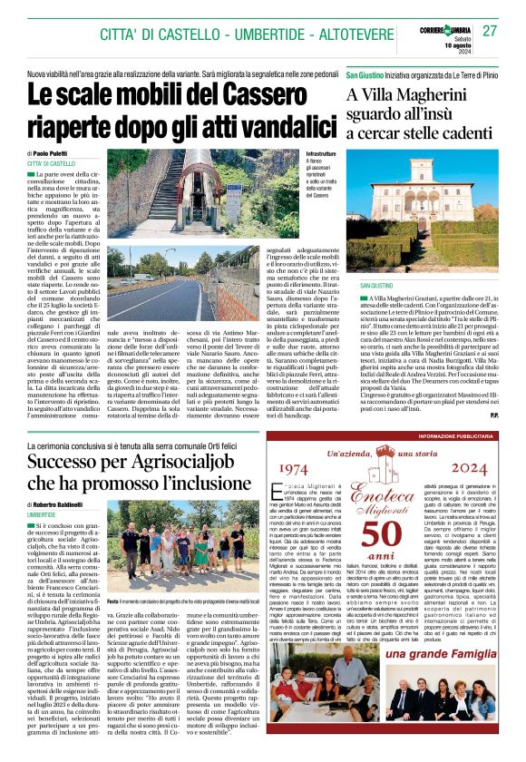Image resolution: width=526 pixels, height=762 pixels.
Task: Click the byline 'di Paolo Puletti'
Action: (54, 154)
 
